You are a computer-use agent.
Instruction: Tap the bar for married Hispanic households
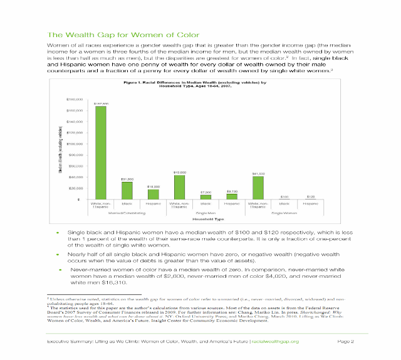coord(153,194)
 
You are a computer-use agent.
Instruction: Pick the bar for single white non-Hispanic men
coord(179,187)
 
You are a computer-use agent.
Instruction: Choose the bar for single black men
coord(206,197)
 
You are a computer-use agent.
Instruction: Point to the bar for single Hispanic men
coord(232,196)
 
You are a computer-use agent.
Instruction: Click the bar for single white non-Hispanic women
coord(258,188)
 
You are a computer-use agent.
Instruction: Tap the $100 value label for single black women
coord(284,196)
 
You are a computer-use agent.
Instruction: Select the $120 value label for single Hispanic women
coord(310,196)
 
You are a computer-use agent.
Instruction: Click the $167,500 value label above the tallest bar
coord(101,103)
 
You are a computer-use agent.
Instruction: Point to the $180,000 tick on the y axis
coord(75,100)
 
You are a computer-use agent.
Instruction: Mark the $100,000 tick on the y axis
coord(75,144)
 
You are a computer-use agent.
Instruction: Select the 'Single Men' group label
coord(206,213)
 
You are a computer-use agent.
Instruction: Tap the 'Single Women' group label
coord(284,213)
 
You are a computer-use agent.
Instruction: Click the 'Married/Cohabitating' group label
coord(127,213)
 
